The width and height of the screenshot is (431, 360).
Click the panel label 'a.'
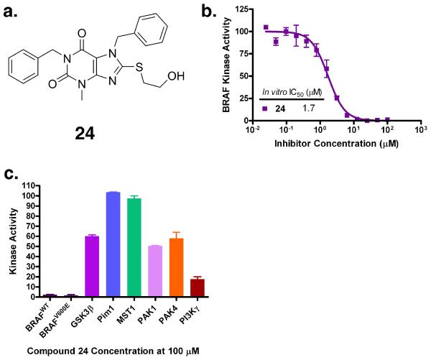(x=11, y=10)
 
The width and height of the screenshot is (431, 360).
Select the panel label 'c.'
(x=11, y=172)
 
